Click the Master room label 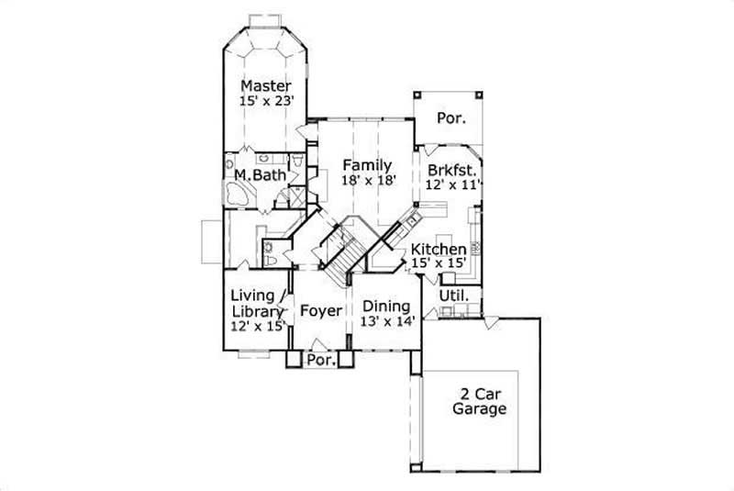tap(266, 86)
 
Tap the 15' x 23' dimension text tap(266, 102)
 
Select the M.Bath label tap(260, 175)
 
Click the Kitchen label tap(438, 250)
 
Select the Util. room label tap(454, 296)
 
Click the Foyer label tap(320, 310)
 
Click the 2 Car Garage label tap(478, 401)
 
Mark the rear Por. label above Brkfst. tap(450, 118)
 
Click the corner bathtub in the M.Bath tap(239, 195)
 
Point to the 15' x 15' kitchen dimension tap(439, 263)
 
